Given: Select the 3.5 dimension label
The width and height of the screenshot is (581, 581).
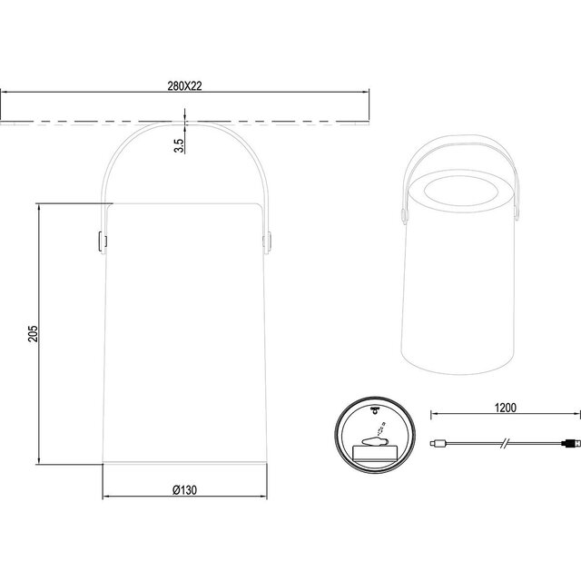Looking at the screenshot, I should (x=180, y=142).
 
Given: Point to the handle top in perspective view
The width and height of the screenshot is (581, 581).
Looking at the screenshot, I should (x=458, y=143).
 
